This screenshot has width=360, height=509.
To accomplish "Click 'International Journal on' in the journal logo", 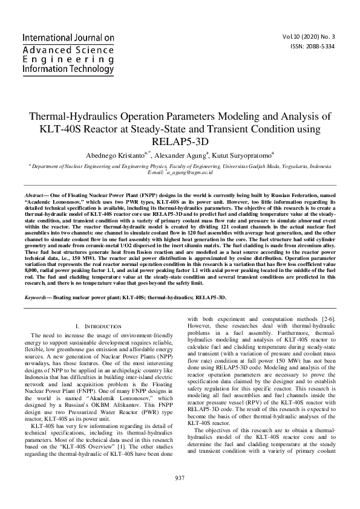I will click(x=68, y=37).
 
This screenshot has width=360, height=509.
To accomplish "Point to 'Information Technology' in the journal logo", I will click(x=67, y=70).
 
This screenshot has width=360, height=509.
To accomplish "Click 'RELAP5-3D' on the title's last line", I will click(x=180, y=143).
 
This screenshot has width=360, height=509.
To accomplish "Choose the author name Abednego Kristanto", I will click(x=113, y=155).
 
